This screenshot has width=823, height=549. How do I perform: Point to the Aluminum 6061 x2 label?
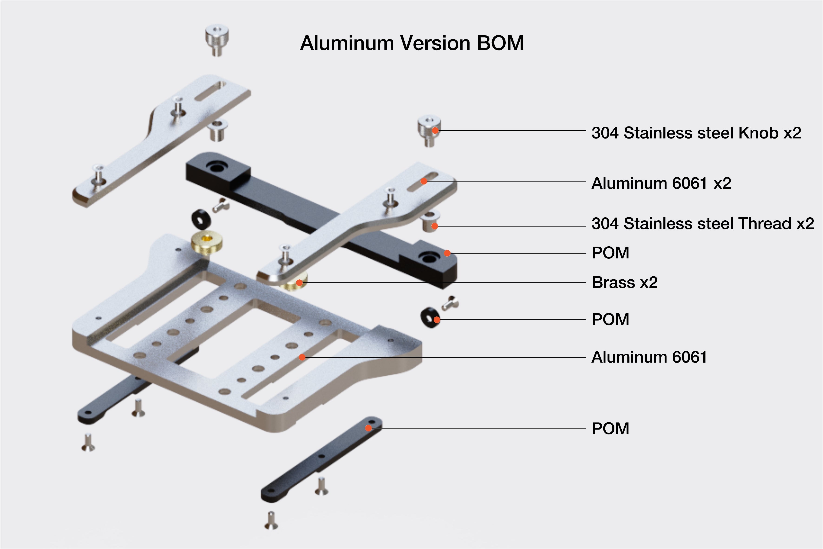coord(661,183)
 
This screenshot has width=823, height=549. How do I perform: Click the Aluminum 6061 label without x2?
coord(649,357)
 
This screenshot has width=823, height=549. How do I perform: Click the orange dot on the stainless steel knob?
coord(435,131)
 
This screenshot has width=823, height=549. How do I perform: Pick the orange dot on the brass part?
coord(299,283)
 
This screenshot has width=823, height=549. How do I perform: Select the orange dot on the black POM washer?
coord(437,320)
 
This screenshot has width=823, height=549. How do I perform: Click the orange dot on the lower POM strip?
coord(368,428)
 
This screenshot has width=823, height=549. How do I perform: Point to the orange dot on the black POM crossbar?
coord(447,253)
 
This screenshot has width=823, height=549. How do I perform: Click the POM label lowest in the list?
coord(610,429)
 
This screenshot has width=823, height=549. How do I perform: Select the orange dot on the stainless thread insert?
coord(435,226)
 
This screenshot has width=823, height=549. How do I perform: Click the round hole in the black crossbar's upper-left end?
coord(217,168)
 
